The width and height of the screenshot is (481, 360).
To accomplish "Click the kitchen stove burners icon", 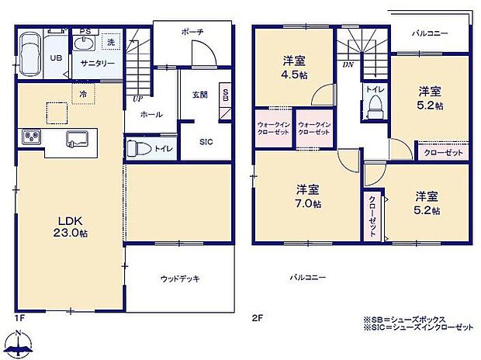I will point(32,137).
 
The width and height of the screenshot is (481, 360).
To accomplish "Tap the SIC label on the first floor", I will point(206,141).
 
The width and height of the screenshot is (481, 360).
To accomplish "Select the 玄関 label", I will point(200,95).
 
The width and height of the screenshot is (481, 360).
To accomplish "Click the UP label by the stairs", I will point(137,99).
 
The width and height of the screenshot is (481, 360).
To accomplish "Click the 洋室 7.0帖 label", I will point(308,196).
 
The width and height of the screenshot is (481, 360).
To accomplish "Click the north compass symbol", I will point(19,342).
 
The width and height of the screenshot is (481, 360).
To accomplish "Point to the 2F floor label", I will point(257,317).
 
